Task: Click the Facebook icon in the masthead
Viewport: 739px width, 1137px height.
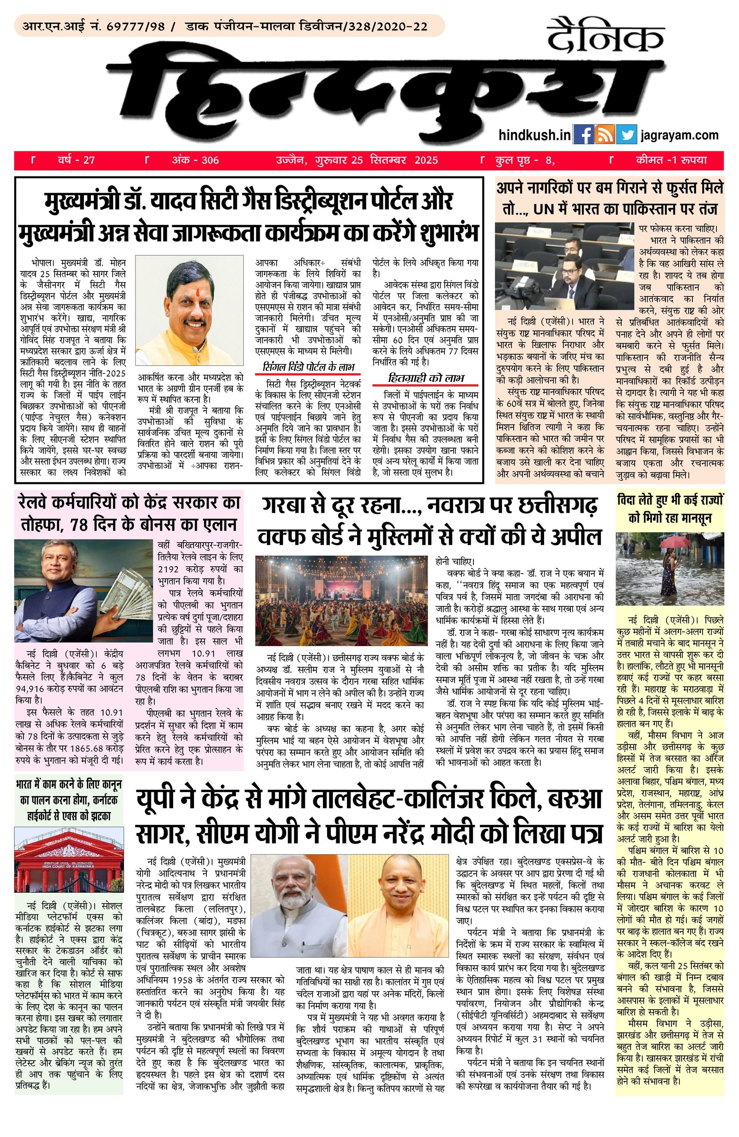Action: (582, 135)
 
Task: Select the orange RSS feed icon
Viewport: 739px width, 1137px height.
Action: (604, 135)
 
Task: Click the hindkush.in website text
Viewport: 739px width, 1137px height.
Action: (534, 135)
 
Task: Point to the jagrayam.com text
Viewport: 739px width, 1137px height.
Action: (679, 135)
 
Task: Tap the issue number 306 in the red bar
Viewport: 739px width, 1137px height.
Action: (210, 160)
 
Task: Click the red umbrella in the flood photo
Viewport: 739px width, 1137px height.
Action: (671, 541)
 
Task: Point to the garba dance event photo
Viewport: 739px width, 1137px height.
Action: (341, 600)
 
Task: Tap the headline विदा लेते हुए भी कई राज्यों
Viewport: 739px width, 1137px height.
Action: (670, 501)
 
